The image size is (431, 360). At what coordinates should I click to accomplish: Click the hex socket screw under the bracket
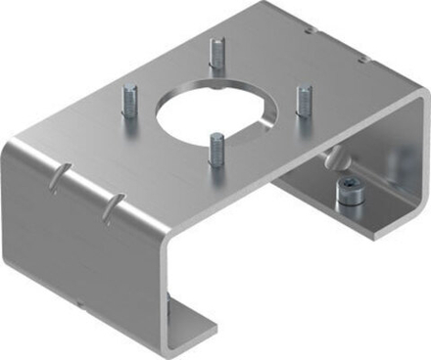350,197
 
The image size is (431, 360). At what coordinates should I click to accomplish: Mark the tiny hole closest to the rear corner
311,30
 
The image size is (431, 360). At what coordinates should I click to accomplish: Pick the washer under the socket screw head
350,203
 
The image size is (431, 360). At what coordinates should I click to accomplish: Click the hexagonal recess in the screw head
350,190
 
